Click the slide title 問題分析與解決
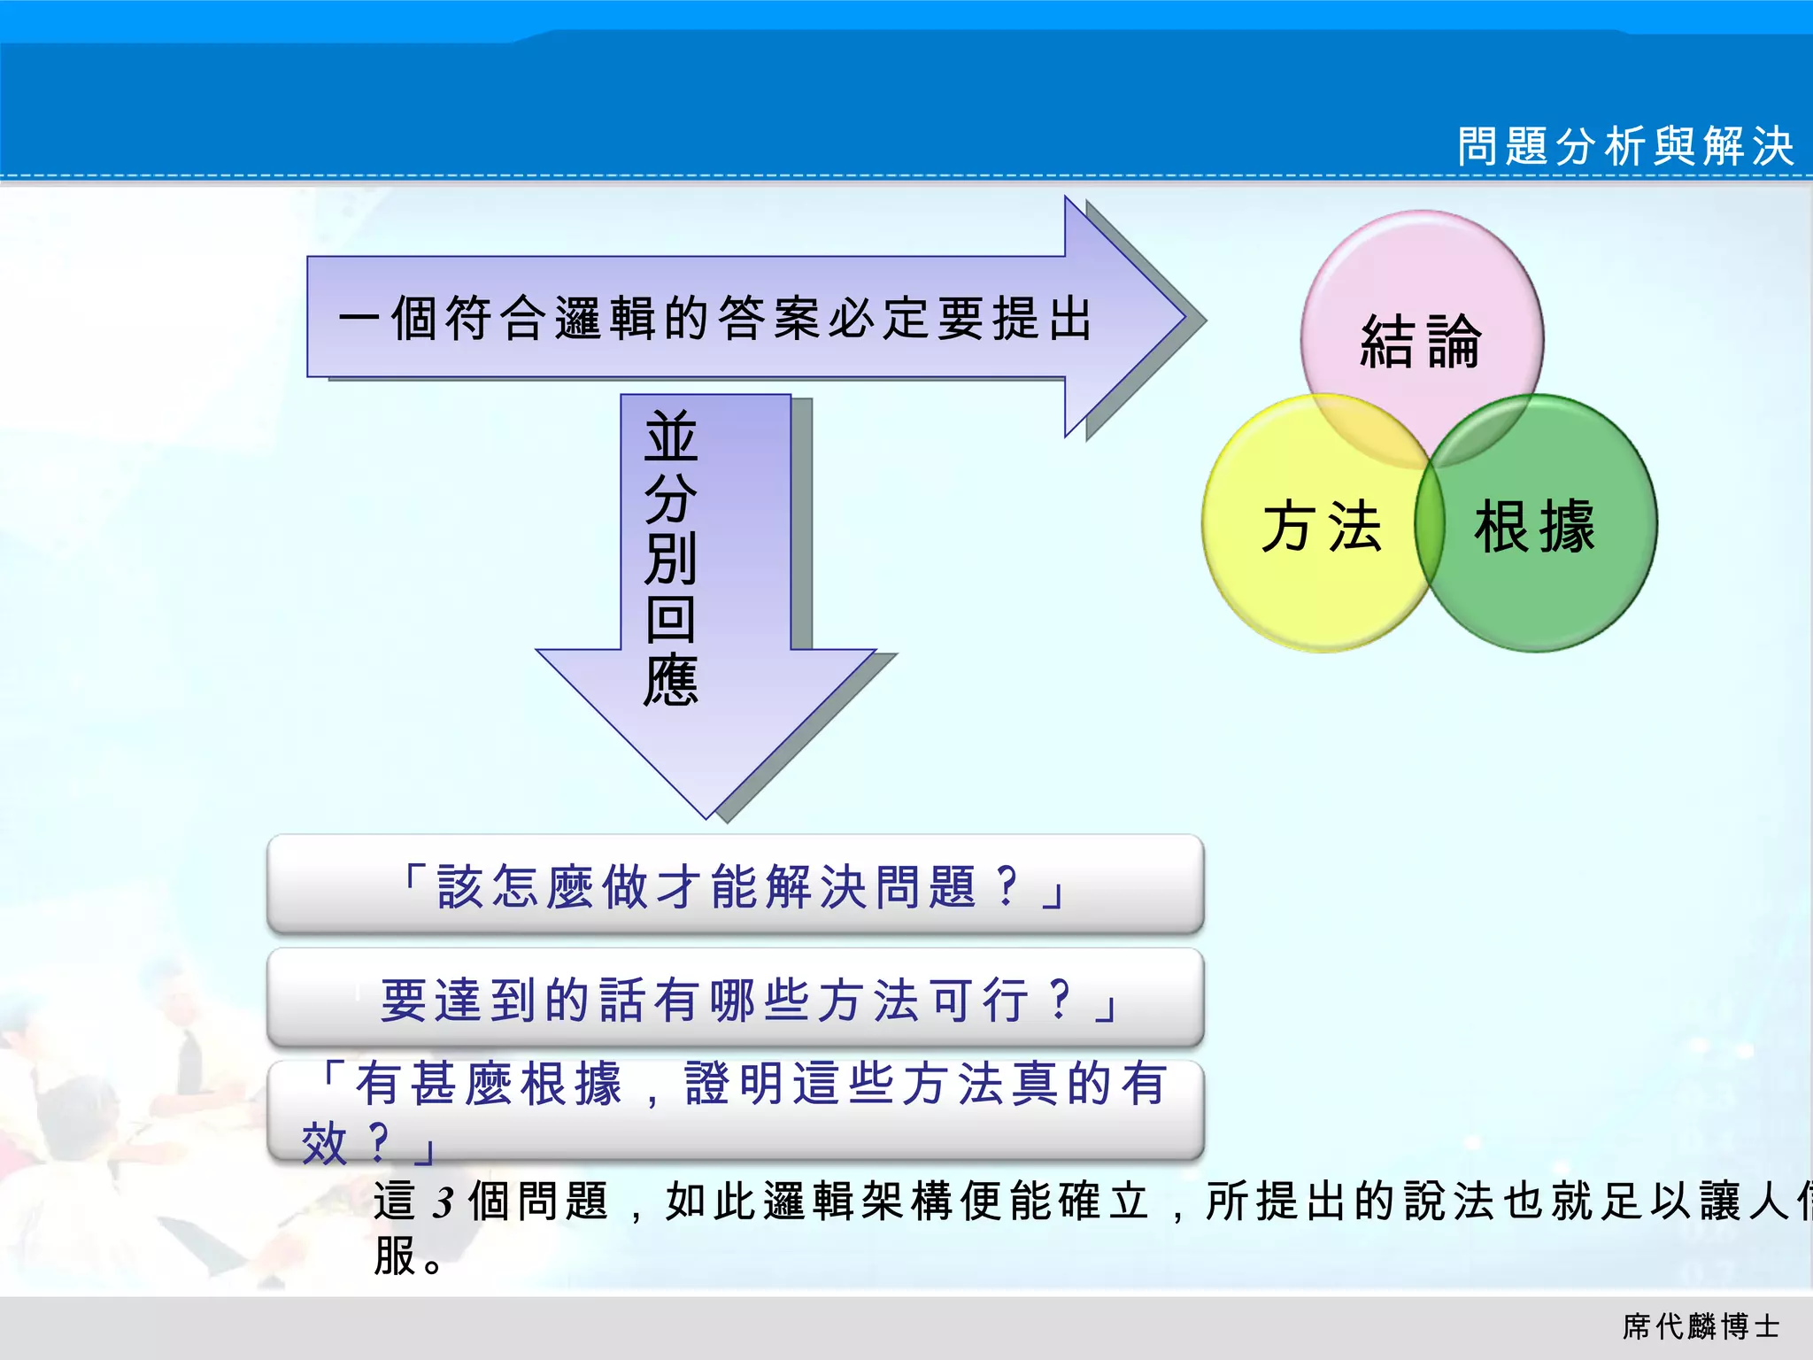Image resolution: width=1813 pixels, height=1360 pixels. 1625,146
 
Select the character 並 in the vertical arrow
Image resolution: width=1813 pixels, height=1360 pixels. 671,437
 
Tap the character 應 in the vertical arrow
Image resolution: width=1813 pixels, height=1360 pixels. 671,680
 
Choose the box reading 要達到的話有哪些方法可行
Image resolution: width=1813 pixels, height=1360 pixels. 735,999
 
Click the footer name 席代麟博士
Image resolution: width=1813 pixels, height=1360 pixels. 1701,1326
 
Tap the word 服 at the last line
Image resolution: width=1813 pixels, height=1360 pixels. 395,1256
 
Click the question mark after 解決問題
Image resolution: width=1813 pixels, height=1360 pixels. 1007,885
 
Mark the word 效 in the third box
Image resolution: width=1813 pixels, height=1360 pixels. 324,1142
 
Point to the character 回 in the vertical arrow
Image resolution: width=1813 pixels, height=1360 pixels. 671,620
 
